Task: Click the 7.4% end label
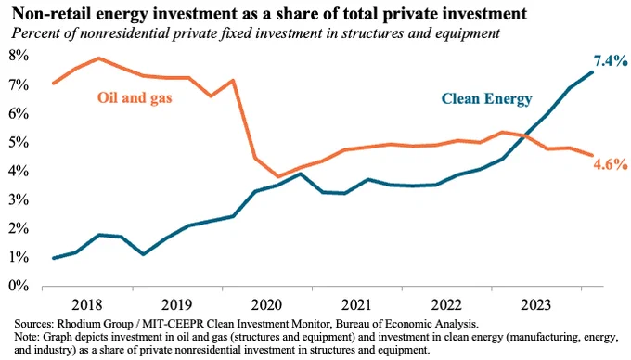[611, 60]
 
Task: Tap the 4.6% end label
[611, 164]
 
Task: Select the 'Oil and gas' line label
[135, 97]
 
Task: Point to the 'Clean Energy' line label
[486, 99]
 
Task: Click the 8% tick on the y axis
[19, 56]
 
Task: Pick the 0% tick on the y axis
[19, 286]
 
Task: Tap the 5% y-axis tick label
[19, 142]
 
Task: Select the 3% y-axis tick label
[19, 199]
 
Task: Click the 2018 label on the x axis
[87, 305]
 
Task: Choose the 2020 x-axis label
[266, 305]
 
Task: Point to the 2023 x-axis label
[535, 305]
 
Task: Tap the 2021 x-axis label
[356, 305]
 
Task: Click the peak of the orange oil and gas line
[99, 58]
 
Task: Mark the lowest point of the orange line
[278, 176]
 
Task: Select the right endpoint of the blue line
[592, 72]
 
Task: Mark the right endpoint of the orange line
[592, 155]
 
